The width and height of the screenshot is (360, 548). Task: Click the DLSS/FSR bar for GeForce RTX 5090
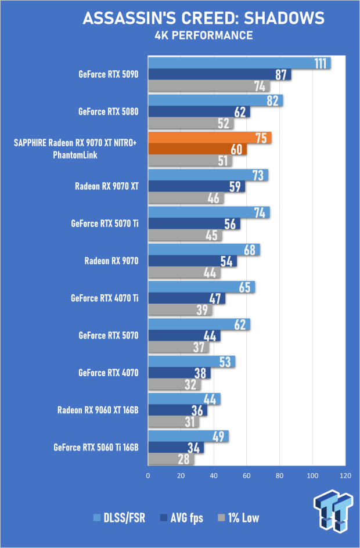coord(239,63)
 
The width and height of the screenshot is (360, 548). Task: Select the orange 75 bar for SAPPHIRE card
coord(210,138)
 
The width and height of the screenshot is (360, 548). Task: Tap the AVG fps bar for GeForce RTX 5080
coord(199,112)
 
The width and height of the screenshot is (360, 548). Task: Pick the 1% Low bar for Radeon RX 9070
coord(184,272)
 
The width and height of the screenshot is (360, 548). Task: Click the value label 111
coord(320,63)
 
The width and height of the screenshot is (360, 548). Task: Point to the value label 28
coord(184,459)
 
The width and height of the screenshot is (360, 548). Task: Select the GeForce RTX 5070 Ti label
coord(105,223)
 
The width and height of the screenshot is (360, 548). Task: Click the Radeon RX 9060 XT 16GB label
coord(98,410)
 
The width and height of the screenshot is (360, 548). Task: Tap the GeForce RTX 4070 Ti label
coord(105,298)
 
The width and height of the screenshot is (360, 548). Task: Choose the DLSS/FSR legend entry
coord(119,518)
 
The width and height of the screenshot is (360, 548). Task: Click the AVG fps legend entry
coord(181,518)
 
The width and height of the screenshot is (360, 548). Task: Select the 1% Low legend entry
coord(239,518)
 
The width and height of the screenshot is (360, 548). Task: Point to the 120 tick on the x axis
coord(345,475)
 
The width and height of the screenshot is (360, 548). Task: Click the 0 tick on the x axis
coord(148,475)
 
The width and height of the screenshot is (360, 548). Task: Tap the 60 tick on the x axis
coord(246,475)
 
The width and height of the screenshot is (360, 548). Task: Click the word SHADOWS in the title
coord(284,18)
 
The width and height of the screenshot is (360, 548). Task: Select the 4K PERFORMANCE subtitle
coord(204,35)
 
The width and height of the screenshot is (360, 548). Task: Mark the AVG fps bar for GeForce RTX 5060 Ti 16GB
coord(176,448)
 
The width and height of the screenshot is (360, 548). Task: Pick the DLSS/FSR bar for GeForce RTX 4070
coord(192,362)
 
